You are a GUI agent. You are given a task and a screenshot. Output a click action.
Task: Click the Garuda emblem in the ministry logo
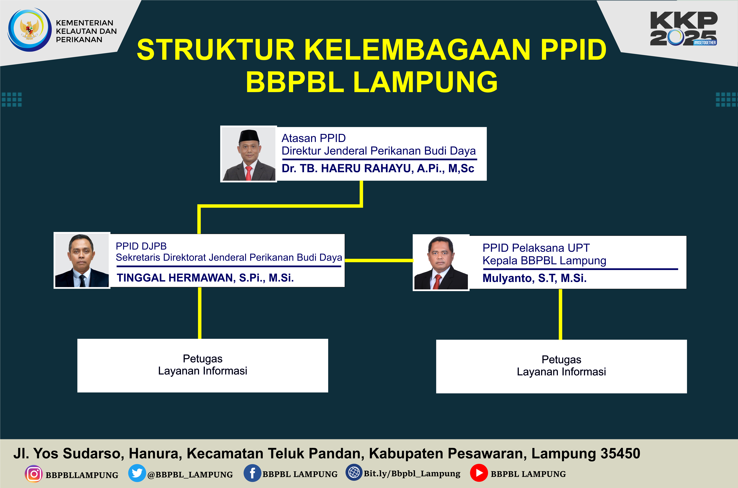click(30, 29)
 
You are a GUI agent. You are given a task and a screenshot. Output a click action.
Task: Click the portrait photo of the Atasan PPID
click(249, 154)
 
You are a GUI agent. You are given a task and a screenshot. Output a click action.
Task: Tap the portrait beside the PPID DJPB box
click(82, 260)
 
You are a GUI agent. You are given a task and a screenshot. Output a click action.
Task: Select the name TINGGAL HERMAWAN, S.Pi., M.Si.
click(205, 278)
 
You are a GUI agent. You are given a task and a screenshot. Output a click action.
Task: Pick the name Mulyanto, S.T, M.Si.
click(534, 278)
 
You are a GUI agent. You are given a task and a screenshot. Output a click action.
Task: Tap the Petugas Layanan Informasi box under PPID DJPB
click(203, 365)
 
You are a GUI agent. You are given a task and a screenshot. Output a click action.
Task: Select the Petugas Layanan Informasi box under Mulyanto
click(561, 366)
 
